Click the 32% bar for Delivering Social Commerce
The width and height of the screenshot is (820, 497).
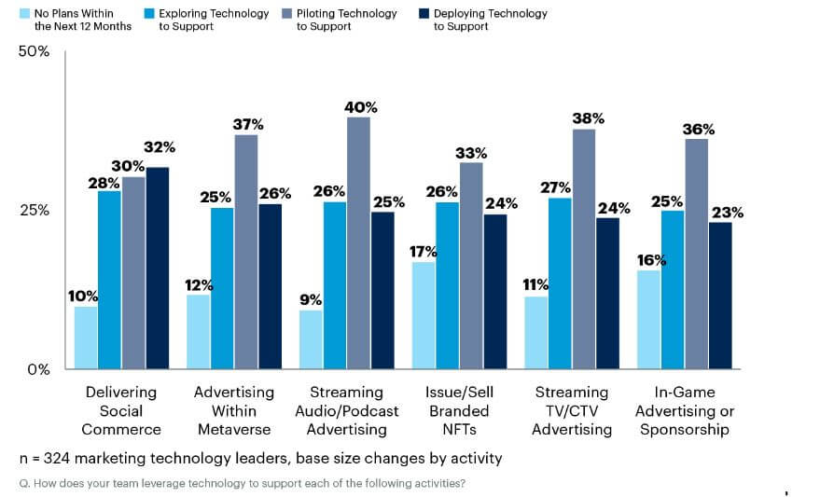coord(157,268)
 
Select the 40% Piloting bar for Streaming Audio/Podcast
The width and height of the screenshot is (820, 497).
coord(358,242)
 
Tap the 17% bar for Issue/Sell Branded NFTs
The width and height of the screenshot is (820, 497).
coord(424,315)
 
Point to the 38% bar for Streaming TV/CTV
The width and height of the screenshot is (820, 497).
coord(583,248)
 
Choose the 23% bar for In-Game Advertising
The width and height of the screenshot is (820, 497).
coord(719,295)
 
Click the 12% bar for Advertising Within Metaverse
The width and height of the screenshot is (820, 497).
coord(199,331)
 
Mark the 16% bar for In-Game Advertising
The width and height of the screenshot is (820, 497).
coord(648,319)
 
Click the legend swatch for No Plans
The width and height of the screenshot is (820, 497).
coord(24,14)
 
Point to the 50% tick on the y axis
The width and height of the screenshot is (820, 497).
coord(35,51)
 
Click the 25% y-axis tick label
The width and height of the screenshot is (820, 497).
coord(35,210)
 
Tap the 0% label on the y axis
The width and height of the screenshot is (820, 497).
coord(38,369)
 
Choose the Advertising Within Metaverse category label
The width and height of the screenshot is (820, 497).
coord(233,410)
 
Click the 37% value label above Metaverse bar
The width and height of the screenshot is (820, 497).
coord(246,124)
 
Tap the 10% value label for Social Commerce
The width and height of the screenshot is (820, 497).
coord(83,297)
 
